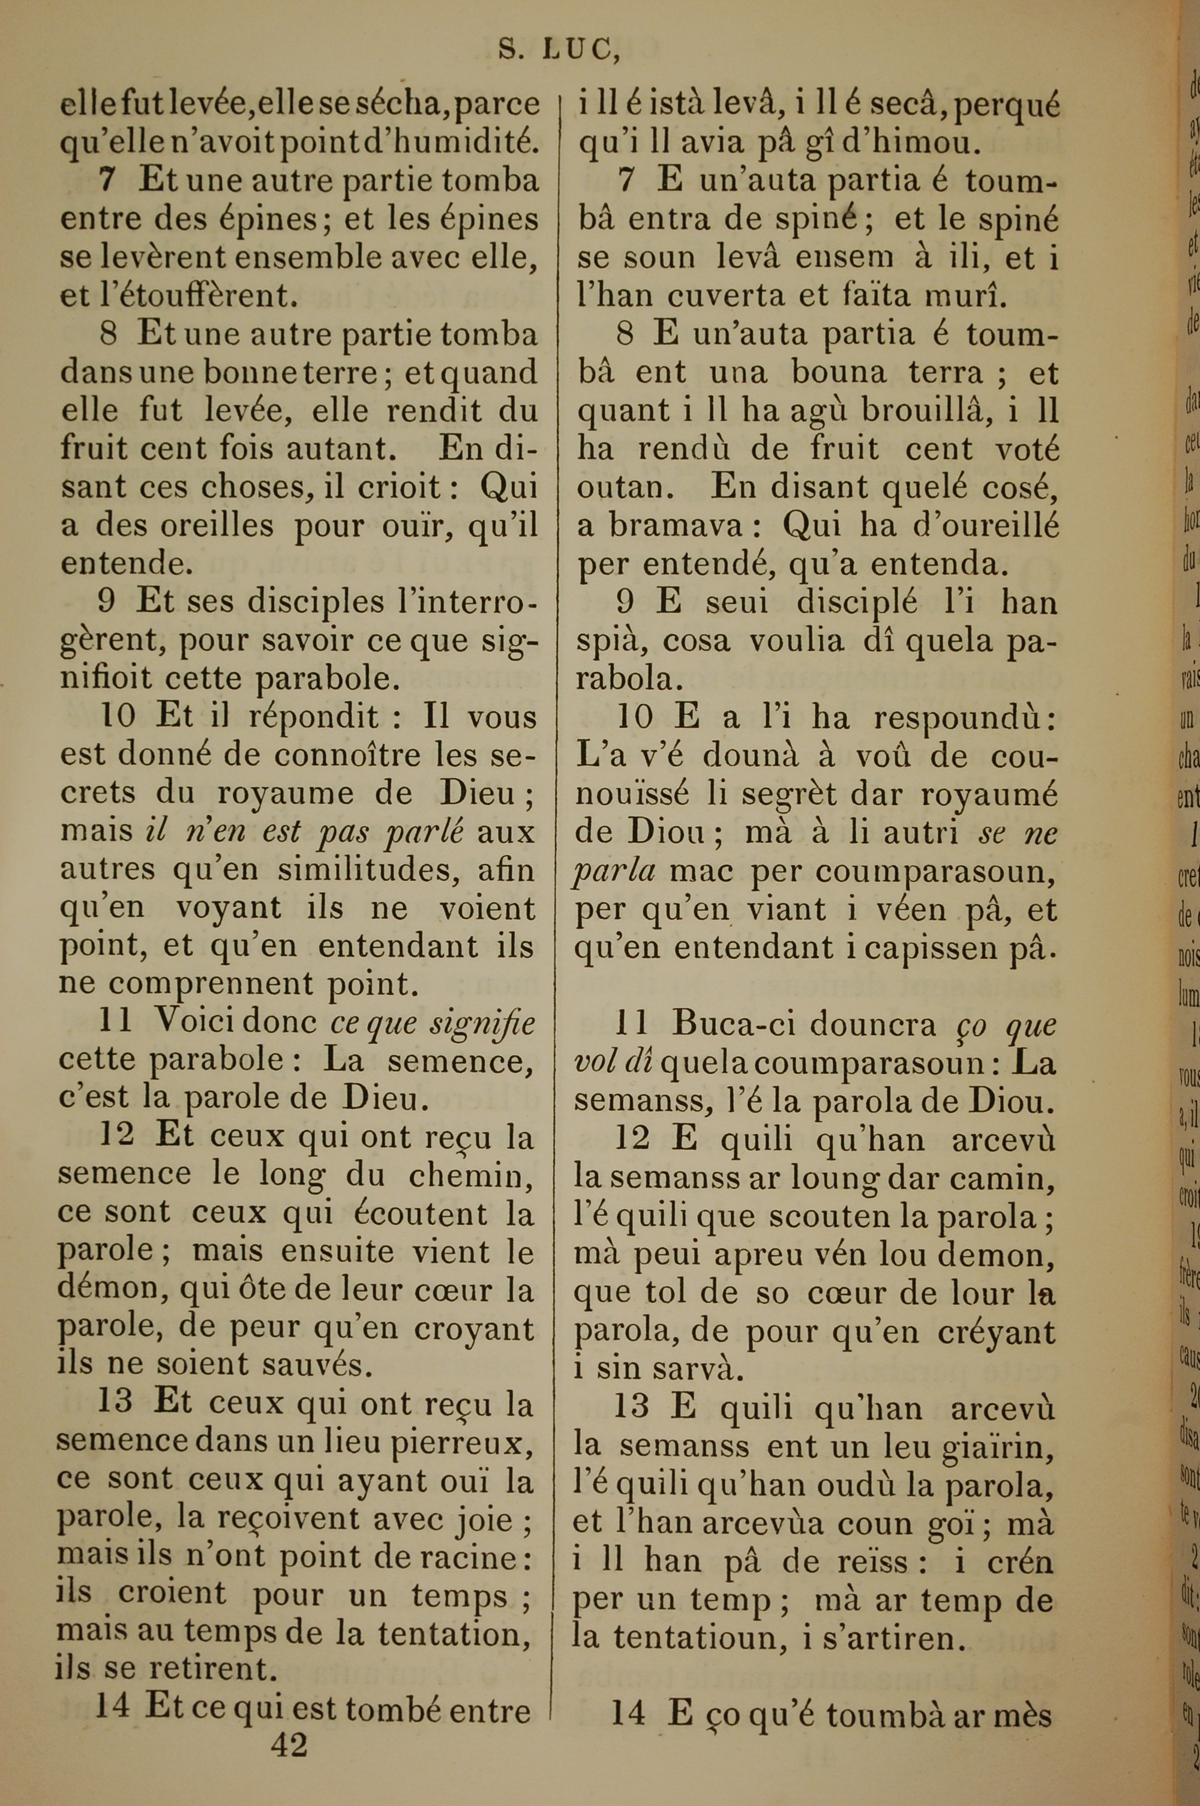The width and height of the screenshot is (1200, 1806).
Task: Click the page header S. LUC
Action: click(559, 49)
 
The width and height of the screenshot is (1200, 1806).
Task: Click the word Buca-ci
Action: click(728, 1025)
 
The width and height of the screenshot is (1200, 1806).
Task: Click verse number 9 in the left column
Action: click(107, 603)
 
